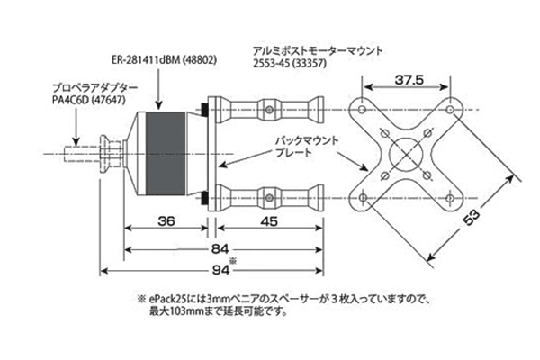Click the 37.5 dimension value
(x=409, y=80)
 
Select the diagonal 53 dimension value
(x=472, y=218)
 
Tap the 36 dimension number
(x=166, y=221)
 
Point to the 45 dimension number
(x=269, y=221)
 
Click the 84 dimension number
(x=220, y=248)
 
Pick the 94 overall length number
(x=220, y=270)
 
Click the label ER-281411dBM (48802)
(x=164, y=60)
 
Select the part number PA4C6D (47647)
(x=89, y=100)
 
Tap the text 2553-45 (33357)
(x=289, y=64)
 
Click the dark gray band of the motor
(x=166, y=153)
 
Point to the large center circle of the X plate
(x=407, y=154)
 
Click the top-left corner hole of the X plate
(x=363, y=110)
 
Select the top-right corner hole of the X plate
(x=450, y=110)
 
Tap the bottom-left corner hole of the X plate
(x=363, y=198)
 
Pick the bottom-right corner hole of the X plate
(x=450, y=198)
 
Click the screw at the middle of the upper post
(x=270, y=110)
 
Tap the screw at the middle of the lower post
(x=270, y=198)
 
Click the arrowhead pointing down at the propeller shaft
(x=76, y=141)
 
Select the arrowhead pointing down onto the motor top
(x=158, y=104)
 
